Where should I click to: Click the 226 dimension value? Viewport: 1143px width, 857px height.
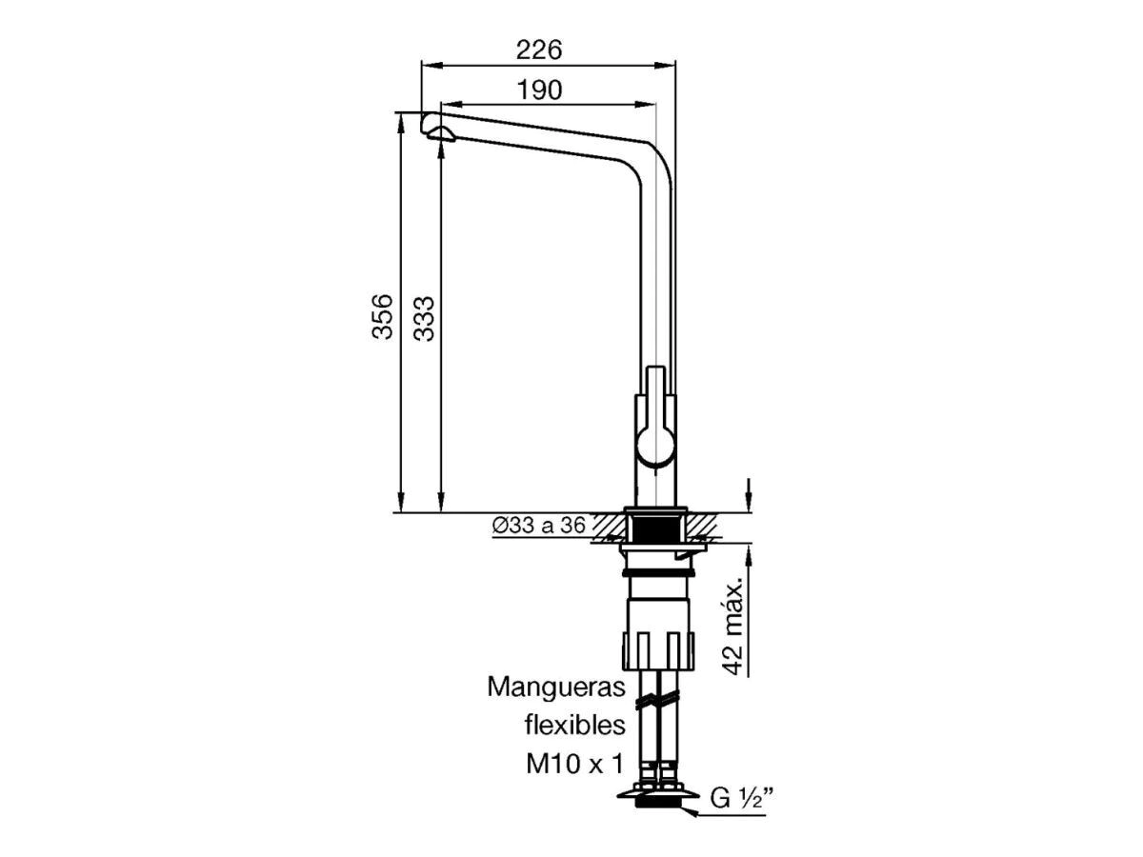539,50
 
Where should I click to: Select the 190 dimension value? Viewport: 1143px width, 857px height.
540,90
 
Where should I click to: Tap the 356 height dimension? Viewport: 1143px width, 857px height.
382,317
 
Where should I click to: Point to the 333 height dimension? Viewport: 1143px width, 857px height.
424,318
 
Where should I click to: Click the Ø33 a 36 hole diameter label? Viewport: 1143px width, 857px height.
539,525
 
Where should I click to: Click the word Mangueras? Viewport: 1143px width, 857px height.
556,688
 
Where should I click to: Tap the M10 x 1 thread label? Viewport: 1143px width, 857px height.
574,765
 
